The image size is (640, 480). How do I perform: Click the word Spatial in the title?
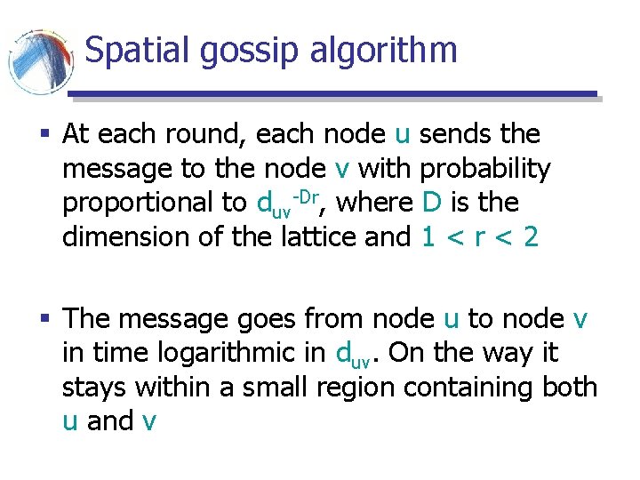point(138,51)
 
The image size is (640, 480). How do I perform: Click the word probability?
point(485,169)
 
